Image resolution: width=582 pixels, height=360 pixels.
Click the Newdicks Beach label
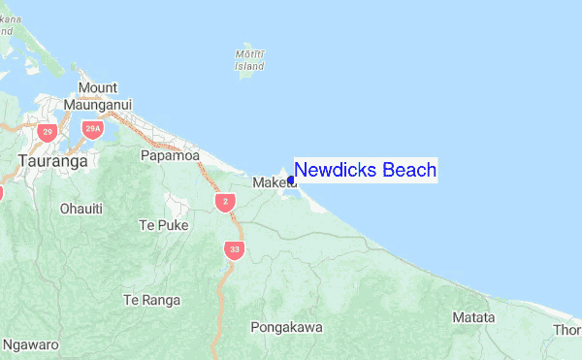coord(365,170)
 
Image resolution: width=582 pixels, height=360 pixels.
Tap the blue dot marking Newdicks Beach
coord(291,179)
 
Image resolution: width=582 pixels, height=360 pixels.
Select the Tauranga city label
coord(52,162)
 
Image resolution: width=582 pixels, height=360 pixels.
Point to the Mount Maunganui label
coord(97,96)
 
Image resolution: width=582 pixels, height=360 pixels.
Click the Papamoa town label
coord(170,155)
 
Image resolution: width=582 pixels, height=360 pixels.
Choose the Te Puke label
coord(163,225)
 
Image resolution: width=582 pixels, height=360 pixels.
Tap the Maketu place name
coord(273,182)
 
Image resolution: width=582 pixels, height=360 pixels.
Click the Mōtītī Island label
coord(250,60)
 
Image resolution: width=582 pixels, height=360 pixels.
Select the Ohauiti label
coord(81,208)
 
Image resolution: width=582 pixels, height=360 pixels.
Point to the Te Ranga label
coord(152,300)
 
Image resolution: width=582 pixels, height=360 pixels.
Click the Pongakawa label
coord(286,327)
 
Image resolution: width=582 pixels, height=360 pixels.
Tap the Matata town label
coord(473,317)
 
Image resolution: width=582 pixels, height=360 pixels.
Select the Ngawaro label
coord(31,344)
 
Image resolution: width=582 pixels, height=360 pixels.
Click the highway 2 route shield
coord(225,201)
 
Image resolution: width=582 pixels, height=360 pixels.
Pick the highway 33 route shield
coord(234,250)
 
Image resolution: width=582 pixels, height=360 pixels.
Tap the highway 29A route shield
coord(93,128)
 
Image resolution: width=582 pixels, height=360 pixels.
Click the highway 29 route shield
coord(47,131)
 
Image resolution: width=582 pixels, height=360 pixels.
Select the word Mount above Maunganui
coord(98,88)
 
